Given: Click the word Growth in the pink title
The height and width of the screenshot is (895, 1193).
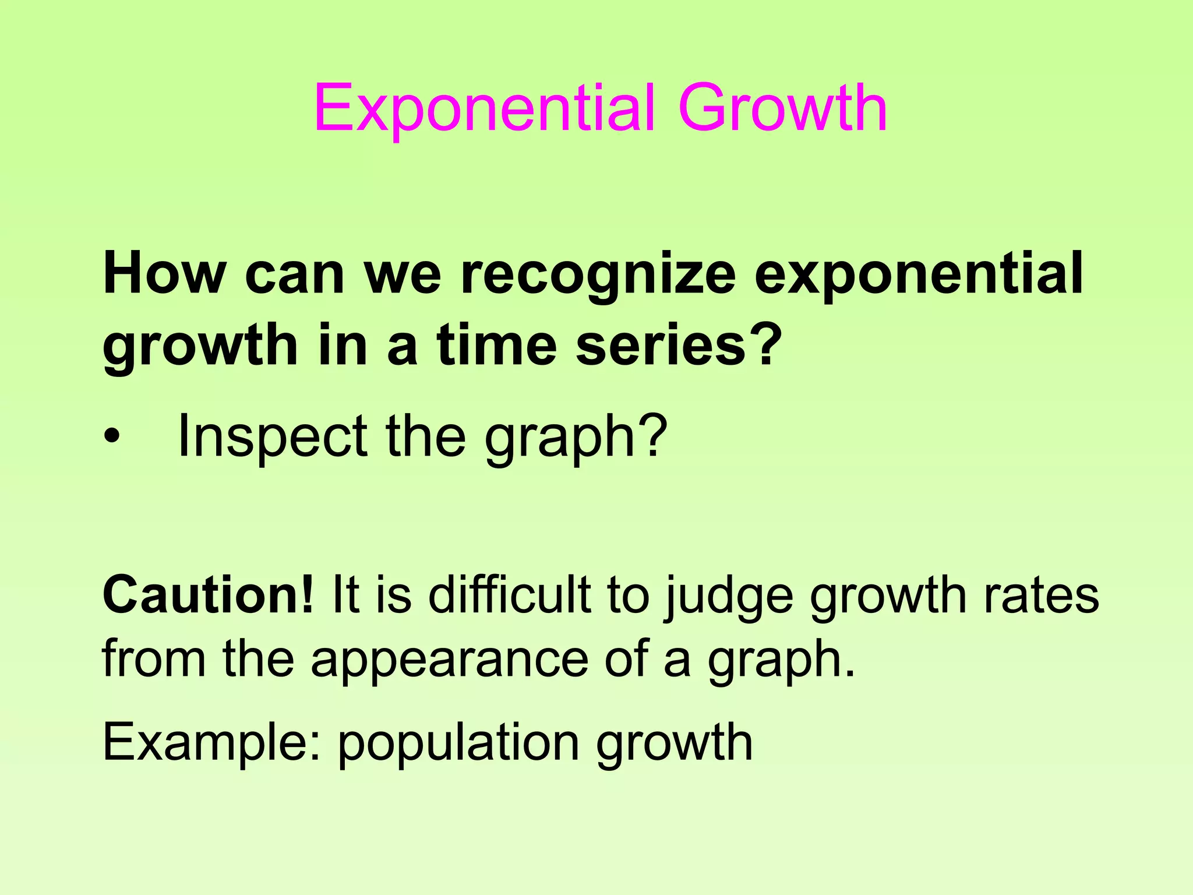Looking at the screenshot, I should click(x=782, y=109).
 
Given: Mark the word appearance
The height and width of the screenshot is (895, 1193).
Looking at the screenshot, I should click(x=449, y=661).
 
